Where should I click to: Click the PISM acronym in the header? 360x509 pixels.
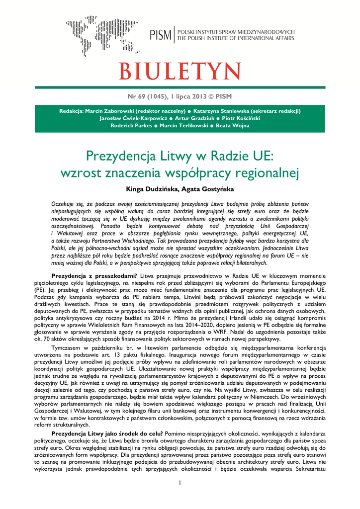coord(161,35)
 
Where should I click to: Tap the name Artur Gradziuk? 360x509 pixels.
coord(196,118)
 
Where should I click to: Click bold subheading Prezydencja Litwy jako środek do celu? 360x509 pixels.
coord(107,433)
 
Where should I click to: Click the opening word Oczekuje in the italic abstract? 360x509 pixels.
coord(63,204)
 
